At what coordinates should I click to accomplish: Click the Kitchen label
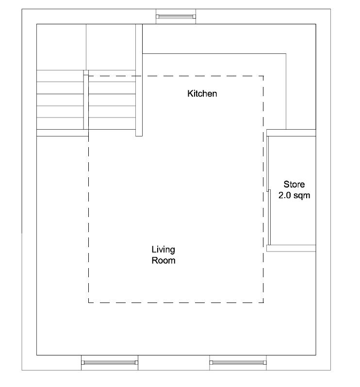(x=202, y=94)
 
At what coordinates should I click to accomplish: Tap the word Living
(x=163, y=250)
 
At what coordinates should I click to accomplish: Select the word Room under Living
(x=163, y=260)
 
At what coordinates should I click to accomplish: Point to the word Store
(x=294, y=185)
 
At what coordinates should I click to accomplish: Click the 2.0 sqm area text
(x=294, y=196)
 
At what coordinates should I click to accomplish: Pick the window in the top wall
(x=176, y=17)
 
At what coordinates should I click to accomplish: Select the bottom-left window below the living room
(x=109, y=362)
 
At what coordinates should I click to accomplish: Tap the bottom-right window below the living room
(x=238, y=362)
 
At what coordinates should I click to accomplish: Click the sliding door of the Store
(x=269, y=190)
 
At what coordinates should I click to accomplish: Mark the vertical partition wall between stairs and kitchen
(x=139, y=80)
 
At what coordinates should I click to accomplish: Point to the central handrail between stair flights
(x=86, y=100)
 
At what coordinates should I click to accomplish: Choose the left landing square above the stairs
(x=62, y=47)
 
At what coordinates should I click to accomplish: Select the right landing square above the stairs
(x=111, y=47)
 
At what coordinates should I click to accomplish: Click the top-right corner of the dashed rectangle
(x=263, y=76)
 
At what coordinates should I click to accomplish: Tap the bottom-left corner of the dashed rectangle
(x=89, y=303)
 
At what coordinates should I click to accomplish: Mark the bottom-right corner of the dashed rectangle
(x=263, y=303)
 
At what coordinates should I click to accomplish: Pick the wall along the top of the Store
(x=291, y=133)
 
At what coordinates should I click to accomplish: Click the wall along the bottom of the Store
(x=291, y=248)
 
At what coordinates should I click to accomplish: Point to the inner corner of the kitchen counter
(x=286, y=54)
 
